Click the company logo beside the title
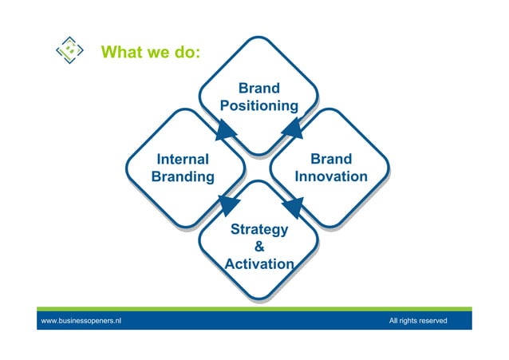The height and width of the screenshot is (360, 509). click(69, 51)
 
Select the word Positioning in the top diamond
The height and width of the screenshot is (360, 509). click(258, 105)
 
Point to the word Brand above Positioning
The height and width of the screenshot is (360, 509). click(258, 88)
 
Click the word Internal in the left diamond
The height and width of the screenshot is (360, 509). click(183, 159)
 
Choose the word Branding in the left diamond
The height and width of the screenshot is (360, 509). click(183, 176)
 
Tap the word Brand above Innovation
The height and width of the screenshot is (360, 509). click(331, 159)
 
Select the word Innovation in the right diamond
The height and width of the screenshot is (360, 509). click(331, 176)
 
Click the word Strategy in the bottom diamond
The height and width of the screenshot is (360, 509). click(258, 230)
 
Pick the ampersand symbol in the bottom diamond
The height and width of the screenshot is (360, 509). click(258, 247)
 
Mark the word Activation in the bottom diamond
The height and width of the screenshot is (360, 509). click(258, 264)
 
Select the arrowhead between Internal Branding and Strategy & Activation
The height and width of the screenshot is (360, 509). click(227, 206)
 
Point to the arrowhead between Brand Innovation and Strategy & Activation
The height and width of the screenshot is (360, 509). click(292, 207)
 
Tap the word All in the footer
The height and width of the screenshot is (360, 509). click(394, 321)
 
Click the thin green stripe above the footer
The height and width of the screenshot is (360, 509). click(254, 309)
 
